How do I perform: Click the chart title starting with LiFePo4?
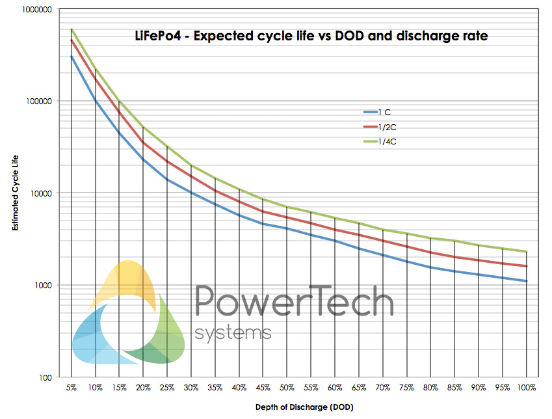pos(306,36)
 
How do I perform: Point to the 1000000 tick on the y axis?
pos(37,9)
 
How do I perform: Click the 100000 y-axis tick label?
pos(39,101)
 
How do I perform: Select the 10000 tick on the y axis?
pos(41,193)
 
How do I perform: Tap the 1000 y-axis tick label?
pos(43,286)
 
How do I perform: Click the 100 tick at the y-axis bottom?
pos(45,377)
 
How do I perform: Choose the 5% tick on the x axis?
pos(71,387)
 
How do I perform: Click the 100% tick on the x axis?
pos(527,387)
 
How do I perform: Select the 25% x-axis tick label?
pos(168,387)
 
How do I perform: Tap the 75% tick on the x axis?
pos(406,387)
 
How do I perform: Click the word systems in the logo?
pos(233,333)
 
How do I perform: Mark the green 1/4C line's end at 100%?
pos(526,252)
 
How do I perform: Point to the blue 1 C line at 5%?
pos(72,56)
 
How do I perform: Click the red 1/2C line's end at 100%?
pos(526,266)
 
